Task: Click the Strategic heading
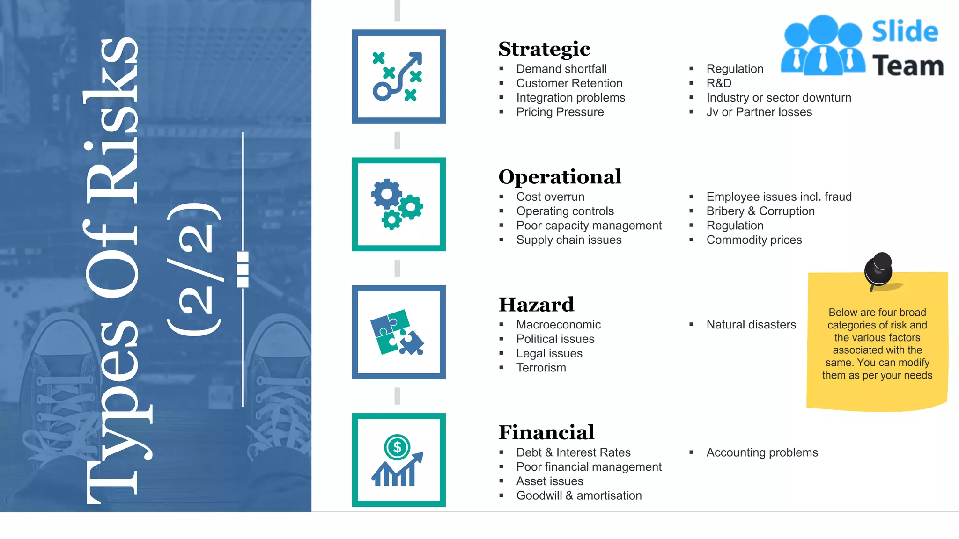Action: click(544, 49)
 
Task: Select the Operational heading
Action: click(560, 177)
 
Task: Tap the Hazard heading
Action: click(536, 305)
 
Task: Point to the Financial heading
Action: click(546, 432)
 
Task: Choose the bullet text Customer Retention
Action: click(569, 83)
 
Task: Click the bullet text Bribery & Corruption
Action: click(760, 211)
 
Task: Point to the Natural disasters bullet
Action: click(751, 325)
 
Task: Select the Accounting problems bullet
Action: click(762, 452)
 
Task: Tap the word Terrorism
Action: click(541, 368)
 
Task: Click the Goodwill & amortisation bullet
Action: click(579, 495)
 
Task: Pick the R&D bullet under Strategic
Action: click(719, 83)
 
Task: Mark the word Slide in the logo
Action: click(905, 32)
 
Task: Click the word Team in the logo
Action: click(907, 66)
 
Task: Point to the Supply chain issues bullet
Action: click(568, 240)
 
